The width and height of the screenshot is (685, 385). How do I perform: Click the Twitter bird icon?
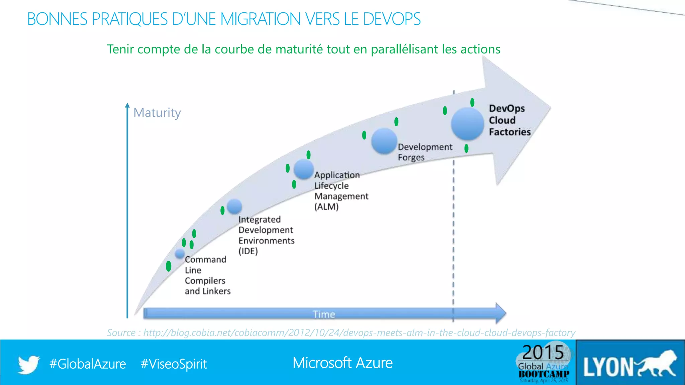[29, 364]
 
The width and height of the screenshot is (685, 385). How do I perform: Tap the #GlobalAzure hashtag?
[88, 364]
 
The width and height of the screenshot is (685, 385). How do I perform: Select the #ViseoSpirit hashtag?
[174, 364]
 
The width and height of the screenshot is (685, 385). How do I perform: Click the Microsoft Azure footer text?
[342, 363]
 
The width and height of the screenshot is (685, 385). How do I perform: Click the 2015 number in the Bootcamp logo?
[543, 352]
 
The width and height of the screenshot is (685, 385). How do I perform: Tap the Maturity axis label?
[157, 113]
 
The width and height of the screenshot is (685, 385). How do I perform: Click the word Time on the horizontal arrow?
[324, 314]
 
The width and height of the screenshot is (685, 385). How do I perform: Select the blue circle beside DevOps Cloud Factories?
[467, 124]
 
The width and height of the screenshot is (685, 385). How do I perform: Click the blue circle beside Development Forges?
[384, 141]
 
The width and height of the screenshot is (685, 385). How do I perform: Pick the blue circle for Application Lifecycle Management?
[303, 169]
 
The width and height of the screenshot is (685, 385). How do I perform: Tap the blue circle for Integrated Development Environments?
[234, 206]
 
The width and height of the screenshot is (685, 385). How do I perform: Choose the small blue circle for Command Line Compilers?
[180, 254]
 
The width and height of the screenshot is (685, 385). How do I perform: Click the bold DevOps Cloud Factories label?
[509, 120]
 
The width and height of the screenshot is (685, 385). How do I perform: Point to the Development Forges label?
[424, 152]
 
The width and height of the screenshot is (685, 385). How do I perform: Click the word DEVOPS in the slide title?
[392, 19]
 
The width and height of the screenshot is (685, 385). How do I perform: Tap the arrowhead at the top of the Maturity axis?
[127, 105]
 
